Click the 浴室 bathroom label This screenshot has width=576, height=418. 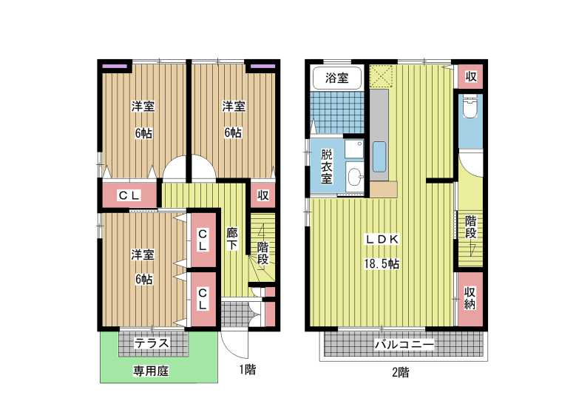tap(336, 78)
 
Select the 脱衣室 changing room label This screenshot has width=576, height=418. tap(326, 166)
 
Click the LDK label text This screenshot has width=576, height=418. tap(382, 239)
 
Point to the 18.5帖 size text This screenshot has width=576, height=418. tap(382, 263)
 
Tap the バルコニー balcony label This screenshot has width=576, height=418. tap(404, 345)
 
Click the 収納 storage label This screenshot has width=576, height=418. tap(470, 298)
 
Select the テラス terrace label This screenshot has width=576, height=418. tap(152, 343)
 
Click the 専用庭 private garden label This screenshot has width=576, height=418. tap(151, 371)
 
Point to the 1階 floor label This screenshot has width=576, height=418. tap(248, 369)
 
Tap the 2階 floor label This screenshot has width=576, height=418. tap(401, 372)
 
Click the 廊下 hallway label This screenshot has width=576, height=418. tap(231, 239)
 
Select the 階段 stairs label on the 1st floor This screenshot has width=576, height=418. tap(262, 252)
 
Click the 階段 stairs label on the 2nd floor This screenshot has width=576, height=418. tap(471, 227)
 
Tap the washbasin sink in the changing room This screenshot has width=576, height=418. tap(354, 178)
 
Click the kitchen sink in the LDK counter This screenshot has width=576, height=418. tap(379, 157)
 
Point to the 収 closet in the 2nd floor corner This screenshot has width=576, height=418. tap(470, 77)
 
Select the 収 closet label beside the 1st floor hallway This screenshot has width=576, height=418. tap(262, 195)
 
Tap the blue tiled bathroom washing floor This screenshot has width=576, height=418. tap(336, 113)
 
